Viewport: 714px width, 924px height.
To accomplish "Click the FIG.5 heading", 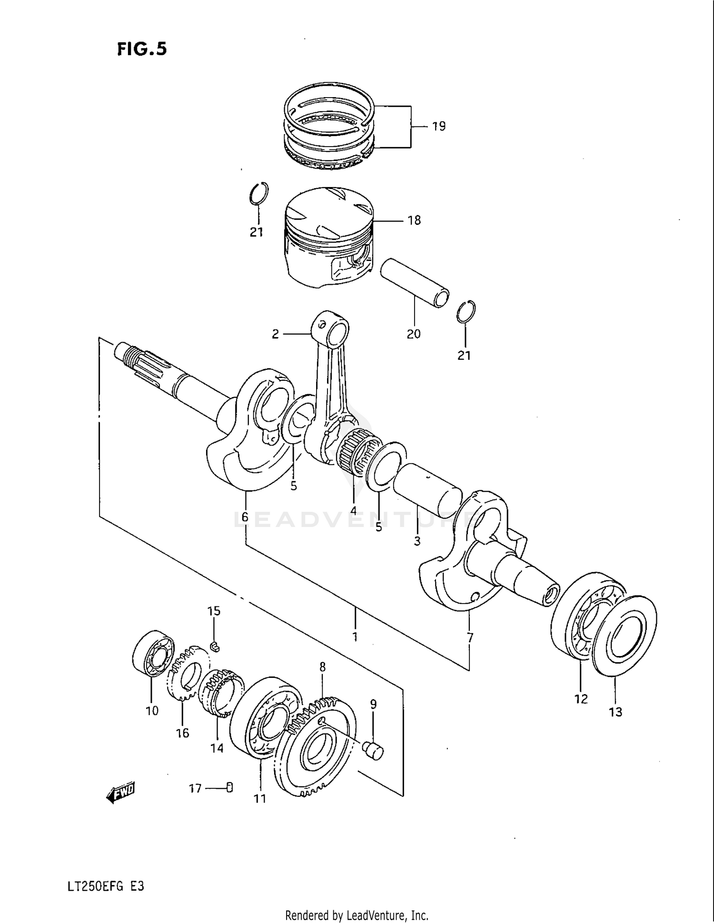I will click(142, 49).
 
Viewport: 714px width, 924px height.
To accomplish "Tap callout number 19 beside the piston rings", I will click(438, 126).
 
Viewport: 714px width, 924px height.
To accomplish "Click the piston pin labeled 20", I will click(415, 283).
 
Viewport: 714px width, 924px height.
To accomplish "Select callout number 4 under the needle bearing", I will click(353, 510).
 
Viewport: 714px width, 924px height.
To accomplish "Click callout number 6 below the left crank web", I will click(245, 517).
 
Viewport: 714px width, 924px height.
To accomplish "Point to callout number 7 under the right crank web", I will click(470, 637).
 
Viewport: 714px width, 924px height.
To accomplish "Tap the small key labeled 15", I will click(214, 646).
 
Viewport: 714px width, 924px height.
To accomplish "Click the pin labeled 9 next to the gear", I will click(373, 751).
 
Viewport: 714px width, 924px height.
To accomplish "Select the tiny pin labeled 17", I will click(230, 788).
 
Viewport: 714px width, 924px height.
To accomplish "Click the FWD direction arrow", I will click(121, 792).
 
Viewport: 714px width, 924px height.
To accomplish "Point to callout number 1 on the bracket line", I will click(355, 636).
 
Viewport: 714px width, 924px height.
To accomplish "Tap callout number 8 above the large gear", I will click(322, 667).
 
